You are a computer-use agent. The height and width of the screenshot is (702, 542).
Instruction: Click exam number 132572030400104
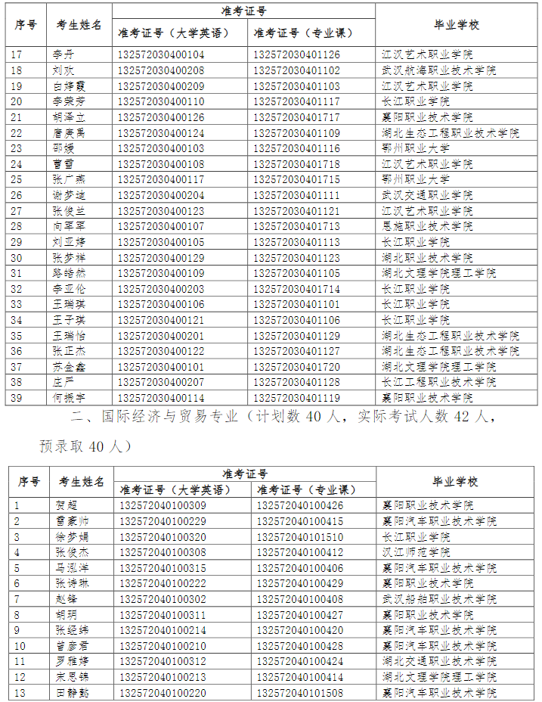pos(161,54)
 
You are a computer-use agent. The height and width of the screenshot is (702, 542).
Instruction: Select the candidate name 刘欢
pos(63,70)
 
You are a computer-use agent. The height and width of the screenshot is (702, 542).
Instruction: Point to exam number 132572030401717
pos(296,117)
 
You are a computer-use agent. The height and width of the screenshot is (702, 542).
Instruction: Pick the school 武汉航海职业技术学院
pos(438,70)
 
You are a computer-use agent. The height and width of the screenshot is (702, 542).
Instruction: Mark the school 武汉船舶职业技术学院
pos(439,599)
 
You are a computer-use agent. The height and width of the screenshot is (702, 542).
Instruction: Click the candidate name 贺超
pos(67,505)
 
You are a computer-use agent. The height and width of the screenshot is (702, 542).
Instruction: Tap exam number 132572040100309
pos(163,505)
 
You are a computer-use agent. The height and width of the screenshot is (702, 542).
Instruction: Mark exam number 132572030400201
pos(161,335)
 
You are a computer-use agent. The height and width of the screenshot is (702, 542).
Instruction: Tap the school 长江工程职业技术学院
pos(438,382)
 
